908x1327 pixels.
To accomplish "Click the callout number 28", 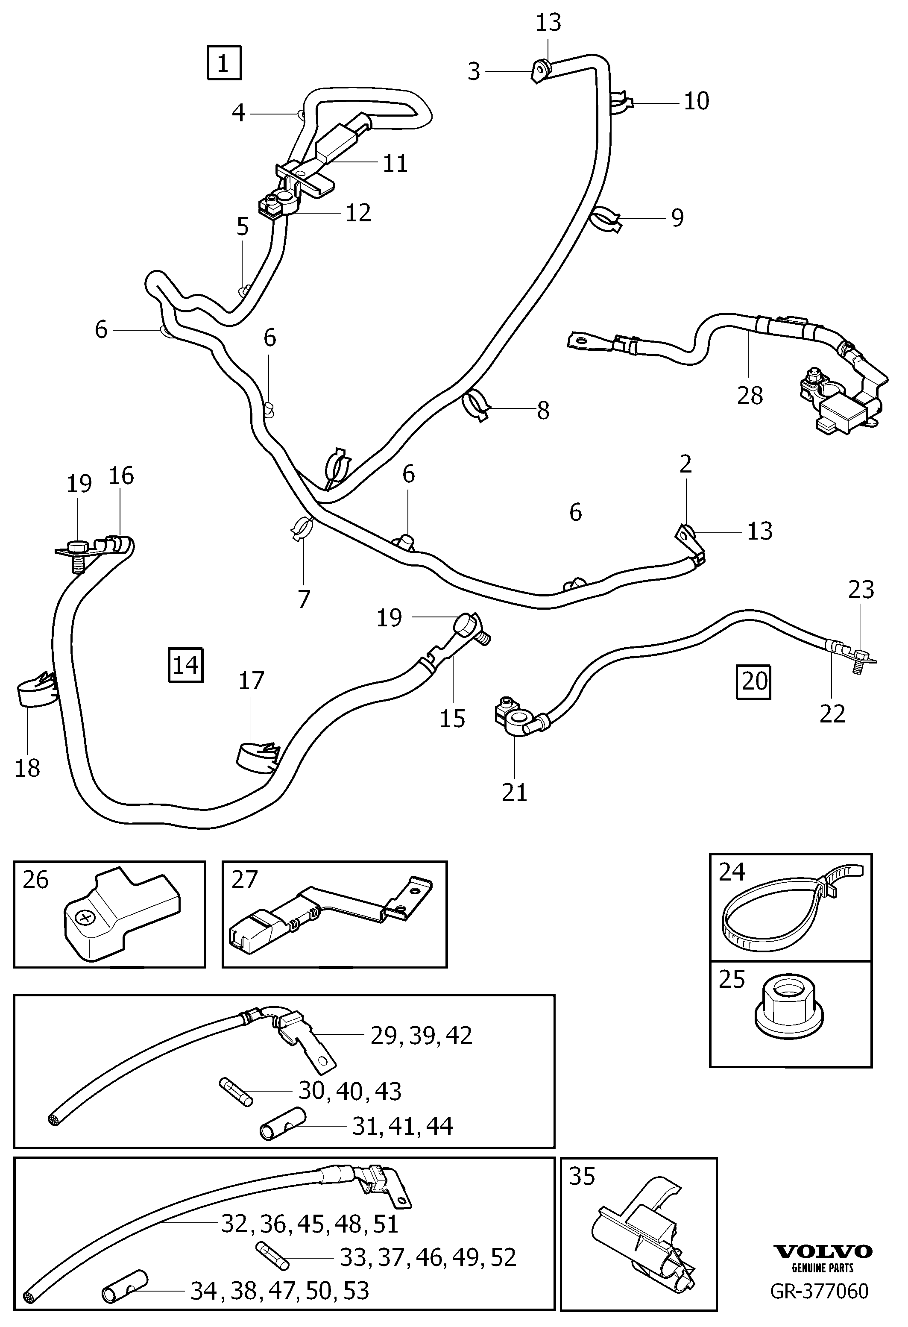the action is pos(750,395).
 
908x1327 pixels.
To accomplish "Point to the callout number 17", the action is pos(251,681).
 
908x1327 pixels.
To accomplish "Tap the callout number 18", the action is pos(27,768).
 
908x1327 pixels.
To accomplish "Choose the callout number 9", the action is pos(677,217).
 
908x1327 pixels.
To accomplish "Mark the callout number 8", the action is pos(543,410).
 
